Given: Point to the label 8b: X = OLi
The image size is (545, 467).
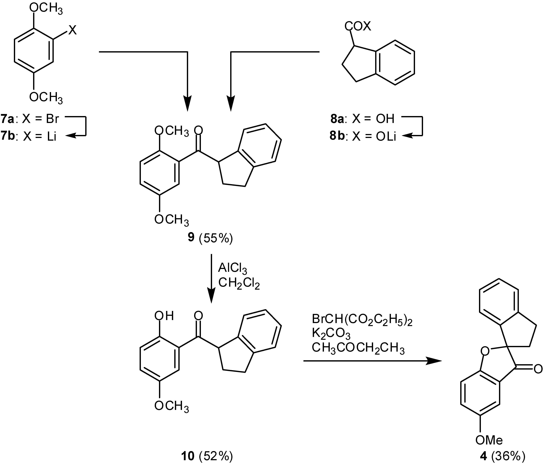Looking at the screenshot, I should (363, 137).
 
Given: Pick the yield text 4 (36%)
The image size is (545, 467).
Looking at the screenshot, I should (502, 456).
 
